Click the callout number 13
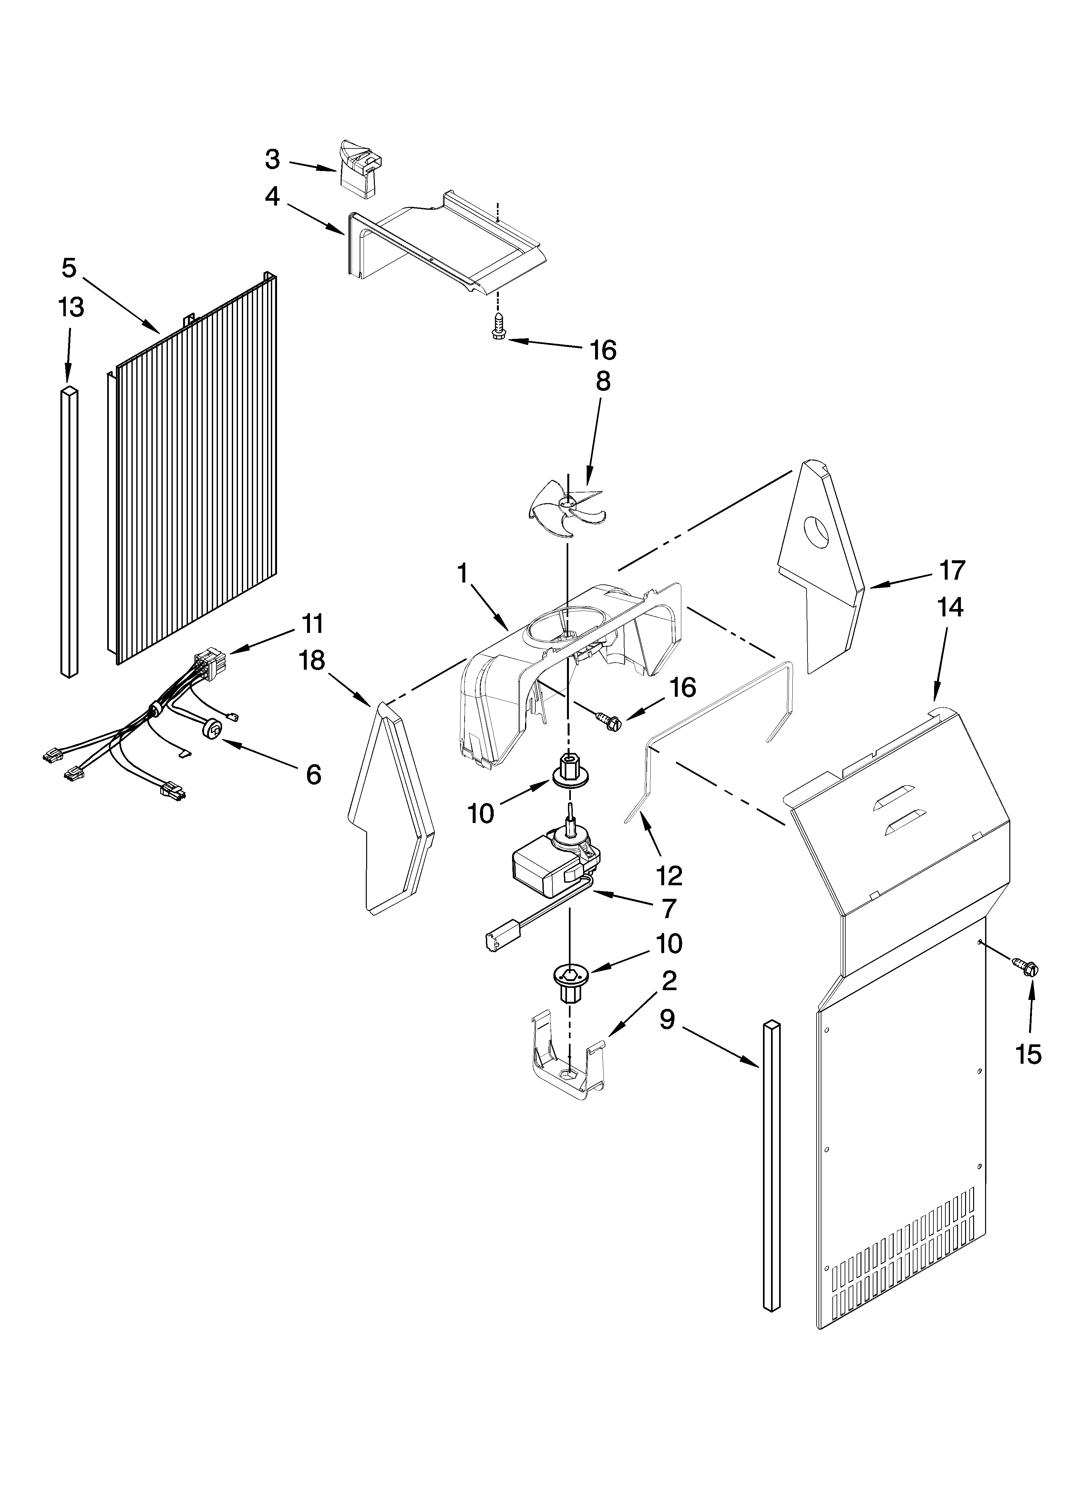point(71,307)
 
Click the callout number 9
point(668,1020)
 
